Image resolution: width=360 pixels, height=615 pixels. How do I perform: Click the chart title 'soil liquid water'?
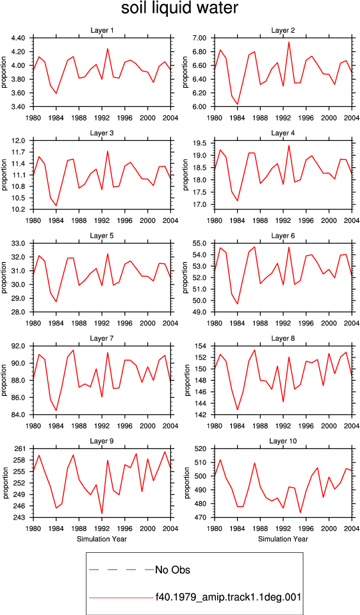[179, 8]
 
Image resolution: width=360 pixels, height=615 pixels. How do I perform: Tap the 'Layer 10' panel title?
[282, 441]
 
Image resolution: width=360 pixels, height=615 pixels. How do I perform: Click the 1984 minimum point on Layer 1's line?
[56, 94]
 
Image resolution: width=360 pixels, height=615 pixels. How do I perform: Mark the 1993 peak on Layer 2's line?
[289, 42]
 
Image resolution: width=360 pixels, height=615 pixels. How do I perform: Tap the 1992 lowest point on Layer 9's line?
[102, 513]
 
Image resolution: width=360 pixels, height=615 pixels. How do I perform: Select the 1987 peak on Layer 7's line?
[73, 350]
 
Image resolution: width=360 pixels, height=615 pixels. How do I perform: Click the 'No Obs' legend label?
[172, 570]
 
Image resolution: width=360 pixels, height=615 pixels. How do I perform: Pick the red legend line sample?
[122, 598]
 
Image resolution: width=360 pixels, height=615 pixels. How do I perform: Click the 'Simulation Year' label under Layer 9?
[102, 539]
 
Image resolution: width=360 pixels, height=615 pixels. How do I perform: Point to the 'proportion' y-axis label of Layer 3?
[4, 175]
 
